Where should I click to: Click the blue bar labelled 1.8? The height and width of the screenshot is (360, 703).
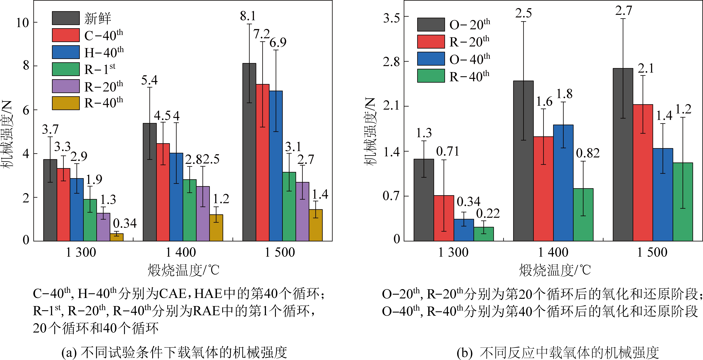click(563, 183)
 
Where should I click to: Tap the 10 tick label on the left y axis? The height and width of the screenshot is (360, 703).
click(22, 23)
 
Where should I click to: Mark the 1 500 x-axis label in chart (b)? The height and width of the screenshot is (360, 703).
click(652, 252)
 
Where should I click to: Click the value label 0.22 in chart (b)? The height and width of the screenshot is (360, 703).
click(488, 213)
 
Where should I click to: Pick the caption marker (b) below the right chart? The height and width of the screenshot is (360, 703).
click(464, 353)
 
